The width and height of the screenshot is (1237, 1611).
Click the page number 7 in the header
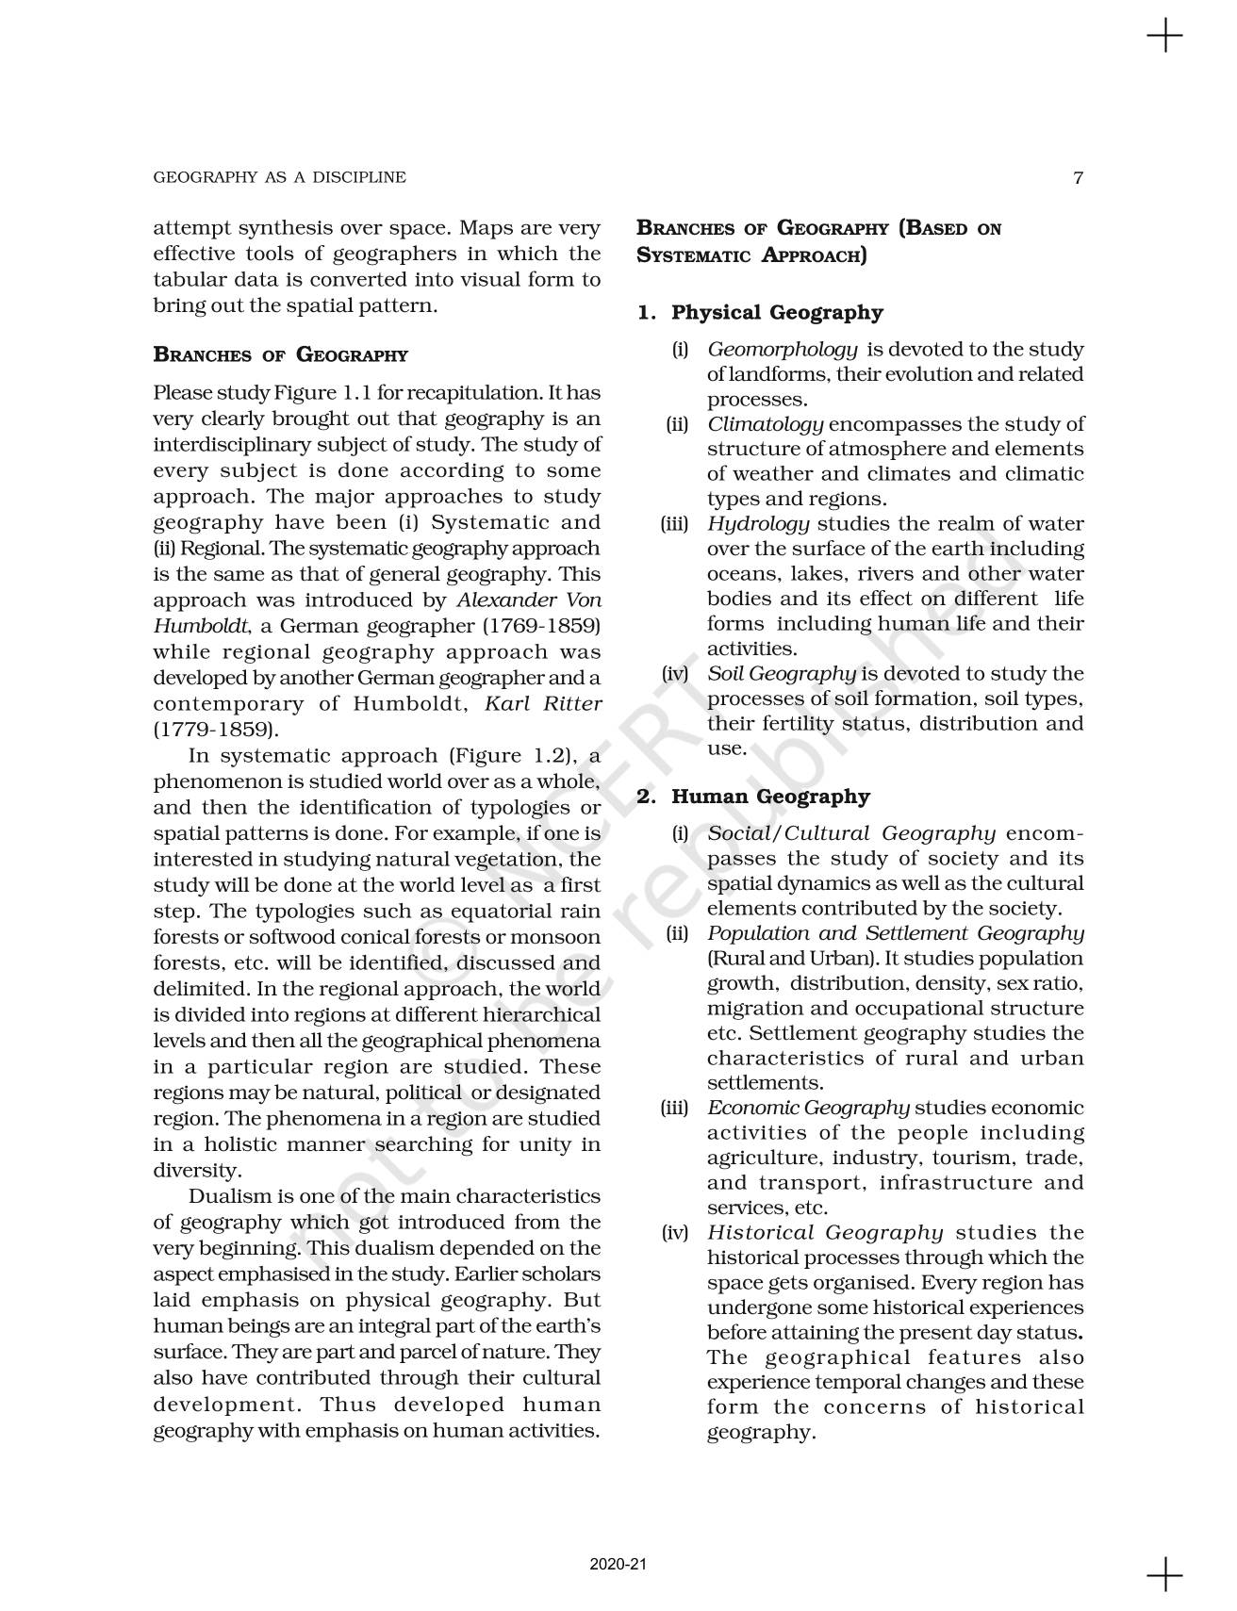(1079, 177)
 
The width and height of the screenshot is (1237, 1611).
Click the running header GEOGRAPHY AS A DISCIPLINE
(279, 177)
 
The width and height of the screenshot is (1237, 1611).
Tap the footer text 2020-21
(618, 1564)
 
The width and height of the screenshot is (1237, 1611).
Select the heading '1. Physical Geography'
(761, 312)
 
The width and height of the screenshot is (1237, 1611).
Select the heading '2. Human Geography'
(753, 797)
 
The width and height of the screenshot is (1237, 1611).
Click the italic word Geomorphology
(783, 350)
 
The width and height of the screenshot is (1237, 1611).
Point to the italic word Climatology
(766, 424)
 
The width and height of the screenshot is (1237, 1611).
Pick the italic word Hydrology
(758, 524)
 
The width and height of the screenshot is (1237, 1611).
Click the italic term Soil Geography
(782, 674)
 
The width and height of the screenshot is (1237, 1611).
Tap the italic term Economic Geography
(808, 1109)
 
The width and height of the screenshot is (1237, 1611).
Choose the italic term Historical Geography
(825, 1233)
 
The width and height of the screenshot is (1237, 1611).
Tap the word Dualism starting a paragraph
(230, 1197)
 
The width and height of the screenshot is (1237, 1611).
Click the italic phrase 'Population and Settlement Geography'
(895, 933)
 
